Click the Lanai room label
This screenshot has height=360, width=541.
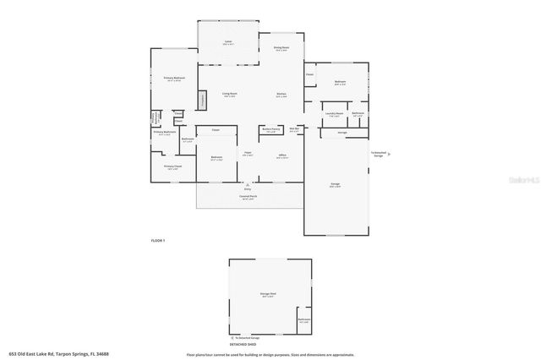(x=228, y=41)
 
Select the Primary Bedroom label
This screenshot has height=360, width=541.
(x=174, y=79)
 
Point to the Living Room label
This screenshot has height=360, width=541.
(x=229, y=94)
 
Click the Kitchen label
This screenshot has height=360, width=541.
(x=281, y=94)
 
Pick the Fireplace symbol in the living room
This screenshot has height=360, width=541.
(x=202, y=100)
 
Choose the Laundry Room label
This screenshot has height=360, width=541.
(x=334, y=113)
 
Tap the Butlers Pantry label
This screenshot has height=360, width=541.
(x=270, y=130)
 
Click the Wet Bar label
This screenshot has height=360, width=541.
(x=294, y=128)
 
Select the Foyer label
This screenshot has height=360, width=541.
(x=248, y=154)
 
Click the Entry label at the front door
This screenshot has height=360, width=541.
(x=248, y=189)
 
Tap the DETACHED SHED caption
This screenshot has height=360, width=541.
(x=243, y=345)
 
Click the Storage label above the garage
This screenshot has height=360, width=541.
(x=342, y=133)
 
